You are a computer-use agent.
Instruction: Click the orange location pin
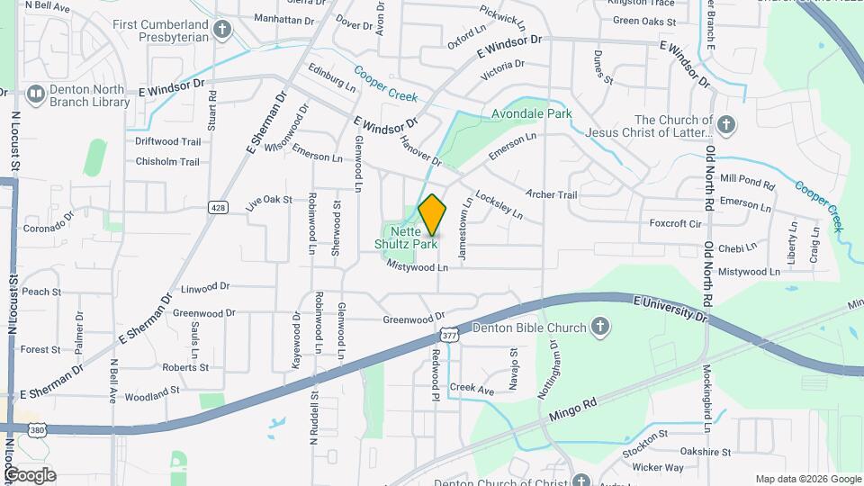click(x=432, y=215)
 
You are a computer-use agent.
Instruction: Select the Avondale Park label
click(x=531, y=115)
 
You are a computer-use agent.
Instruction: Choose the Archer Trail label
click(x=551, y=194)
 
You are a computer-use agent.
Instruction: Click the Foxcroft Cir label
click(x=675, y=224)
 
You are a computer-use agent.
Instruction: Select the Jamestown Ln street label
click(x=463, y=235)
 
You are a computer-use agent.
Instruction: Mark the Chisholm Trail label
click(x=167, y=162)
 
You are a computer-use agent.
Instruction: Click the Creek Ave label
click(x=472, y=391)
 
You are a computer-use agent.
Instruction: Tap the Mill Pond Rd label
click(x=747, y=183)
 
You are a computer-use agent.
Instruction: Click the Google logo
click(x=30, y=475)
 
